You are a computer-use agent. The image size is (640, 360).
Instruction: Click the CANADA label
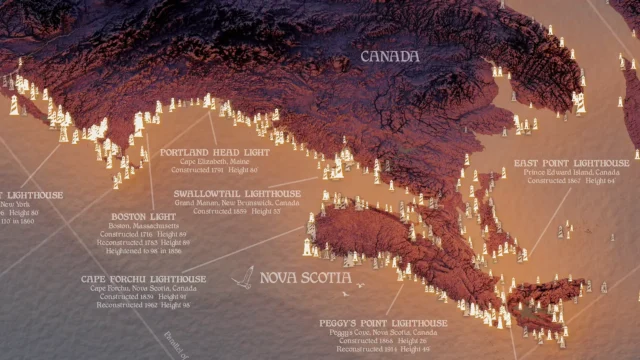[x=389, y=57]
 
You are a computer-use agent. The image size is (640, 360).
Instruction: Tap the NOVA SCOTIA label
[x=305, y=277]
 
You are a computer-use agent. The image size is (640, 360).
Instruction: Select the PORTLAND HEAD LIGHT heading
[x=214, y=152]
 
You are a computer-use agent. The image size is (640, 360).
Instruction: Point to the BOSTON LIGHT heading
[x=144, y=216]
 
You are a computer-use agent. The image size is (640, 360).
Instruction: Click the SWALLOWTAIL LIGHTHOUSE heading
[x=237, y=193]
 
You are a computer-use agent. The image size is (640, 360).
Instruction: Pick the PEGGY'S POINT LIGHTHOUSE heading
[x=383, y=324]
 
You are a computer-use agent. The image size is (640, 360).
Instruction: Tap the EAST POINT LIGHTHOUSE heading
[x=571, y=162]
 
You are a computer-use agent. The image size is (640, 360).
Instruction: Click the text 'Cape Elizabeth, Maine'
[x=214, y=162]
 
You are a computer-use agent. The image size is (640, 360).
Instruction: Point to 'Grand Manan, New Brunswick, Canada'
[x=236, y=203]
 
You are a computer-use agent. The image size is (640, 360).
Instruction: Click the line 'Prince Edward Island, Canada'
[x=571, y=172]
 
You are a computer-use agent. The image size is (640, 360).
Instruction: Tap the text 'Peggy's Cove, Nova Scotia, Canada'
[x=383, y=333]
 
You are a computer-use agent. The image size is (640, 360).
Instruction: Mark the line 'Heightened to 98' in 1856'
[x=146, y=253]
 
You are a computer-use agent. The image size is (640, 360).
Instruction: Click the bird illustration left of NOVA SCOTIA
[x=241, y=277]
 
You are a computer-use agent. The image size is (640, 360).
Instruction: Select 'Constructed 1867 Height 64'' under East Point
[x=571, y=181]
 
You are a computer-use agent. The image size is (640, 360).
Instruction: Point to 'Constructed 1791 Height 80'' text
[x=214, y=171]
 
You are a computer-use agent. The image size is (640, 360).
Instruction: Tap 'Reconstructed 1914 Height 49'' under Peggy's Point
[x=383, y=350]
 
